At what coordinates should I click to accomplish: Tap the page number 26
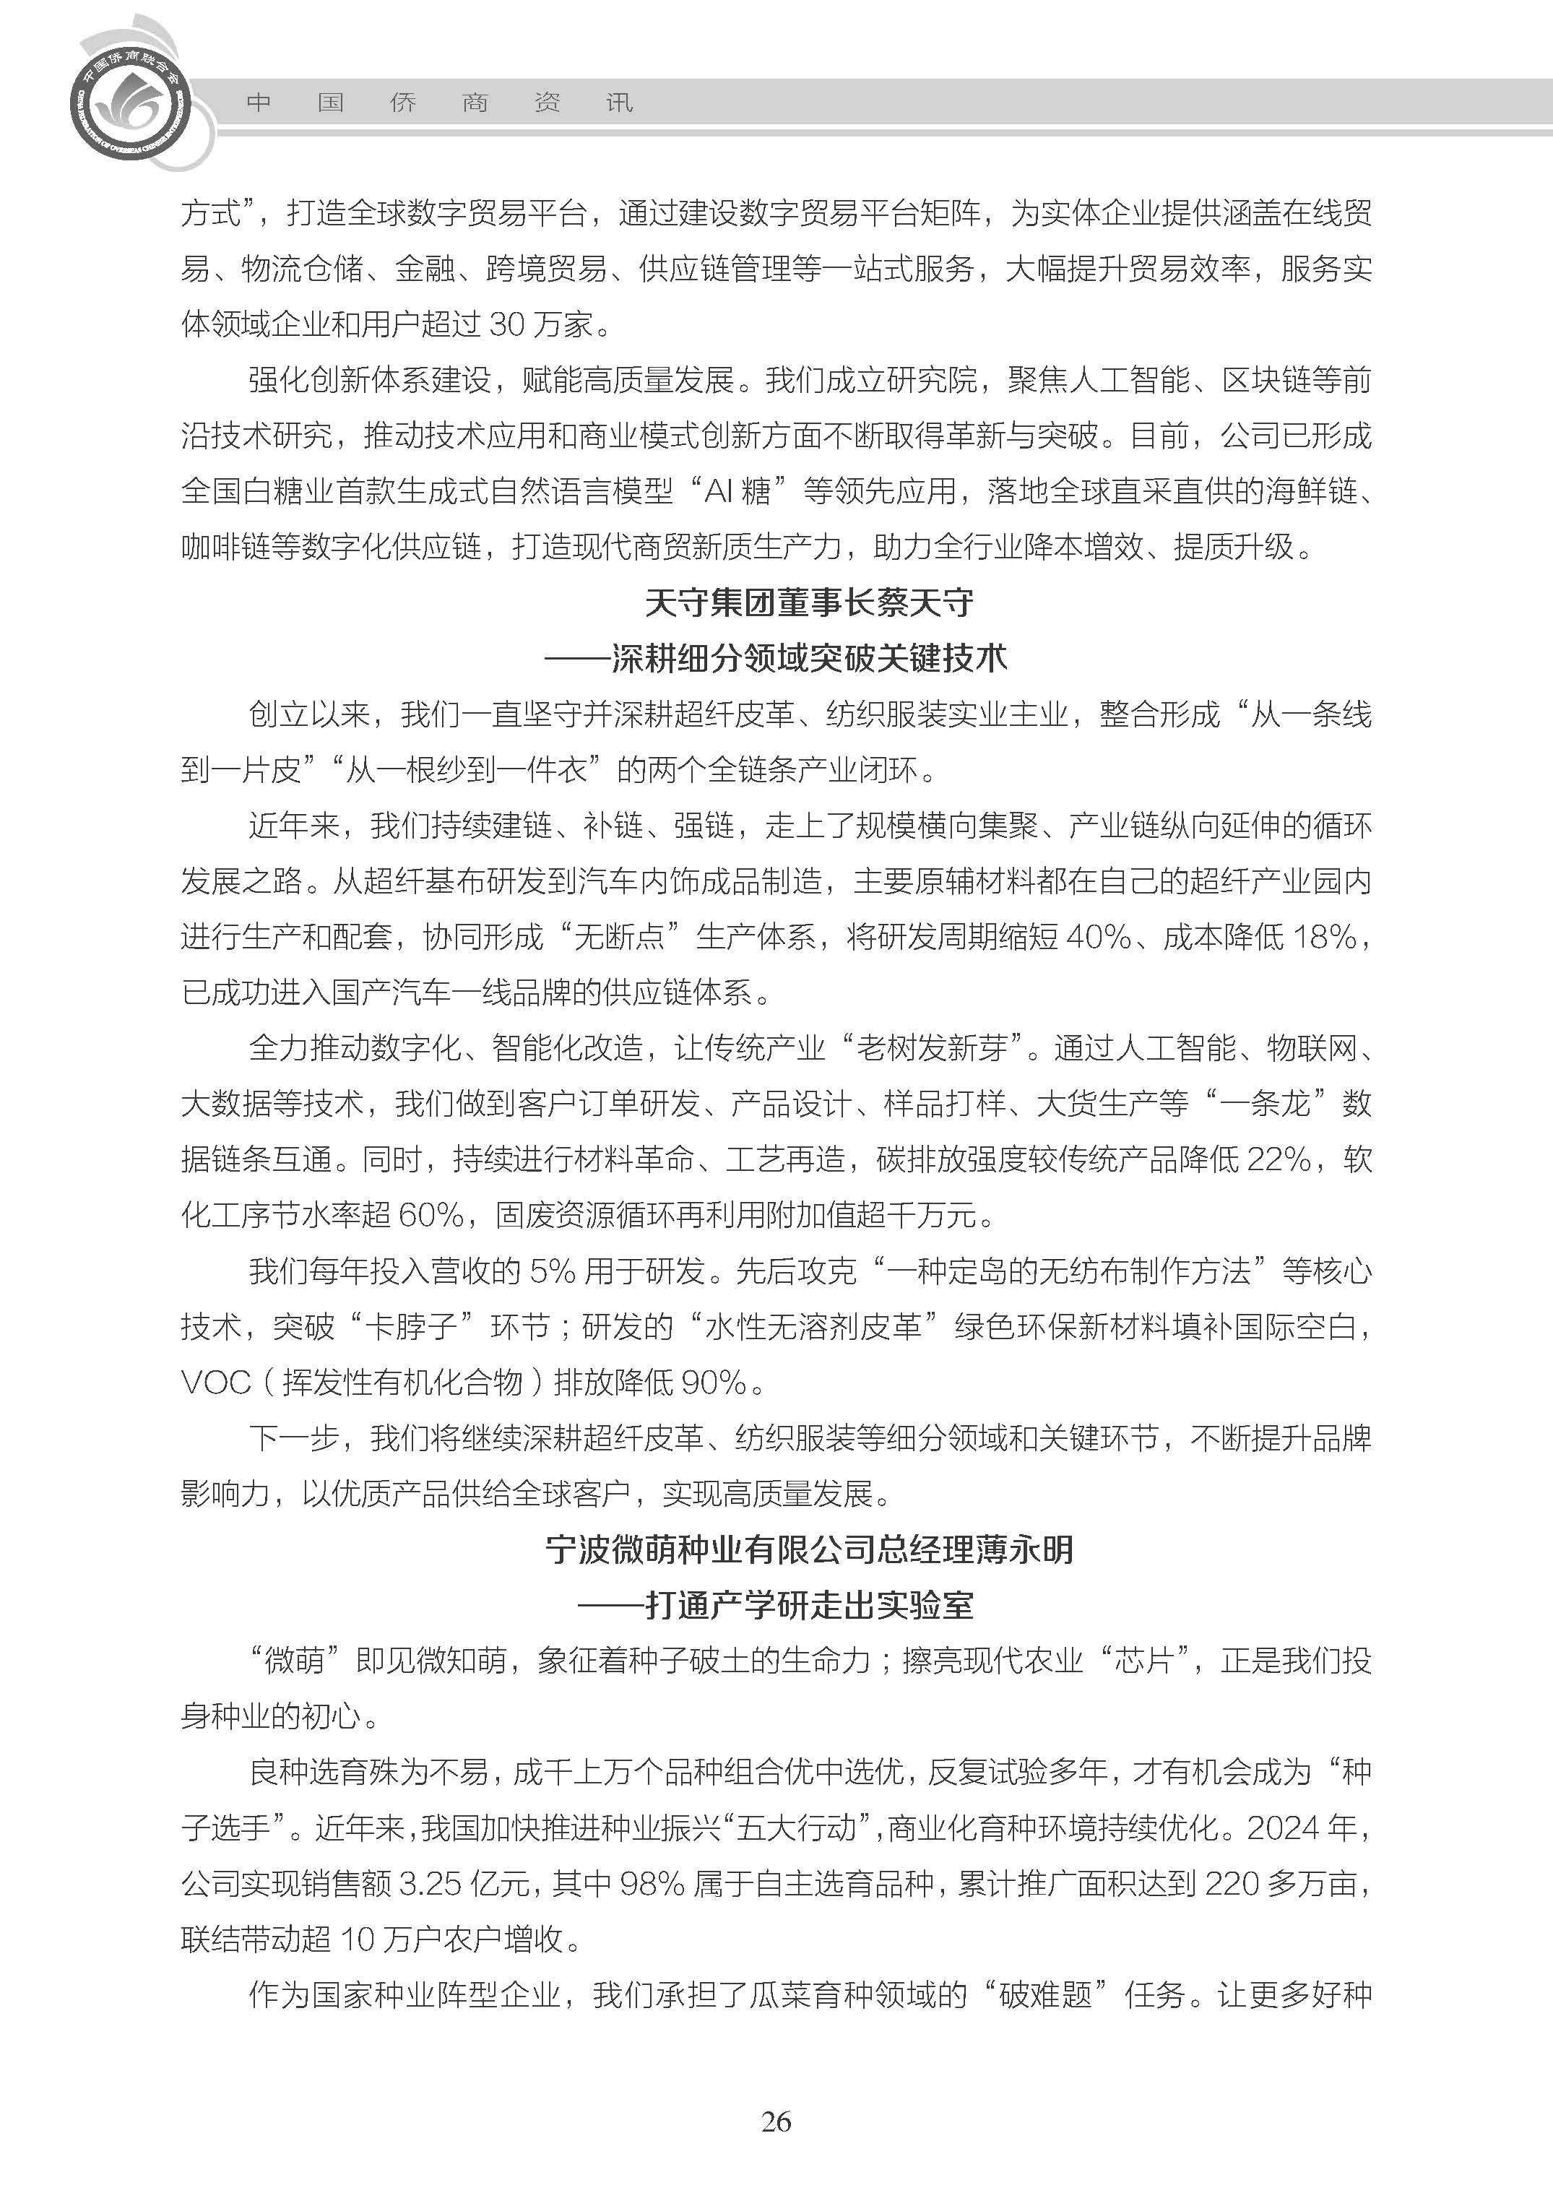click(776, 2122)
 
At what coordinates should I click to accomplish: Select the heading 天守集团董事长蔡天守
click(809, 602)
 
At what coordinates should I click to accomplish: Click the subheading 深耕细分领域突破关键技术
click(809, 658)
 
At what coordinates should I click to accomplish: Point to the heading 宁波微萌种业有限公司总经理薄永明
click(809, 1549)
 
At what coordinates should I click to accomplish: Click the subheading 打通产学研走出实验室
click(809, 1605)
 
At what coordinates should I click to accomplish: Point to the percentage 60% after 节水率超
click(431, 1216)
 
